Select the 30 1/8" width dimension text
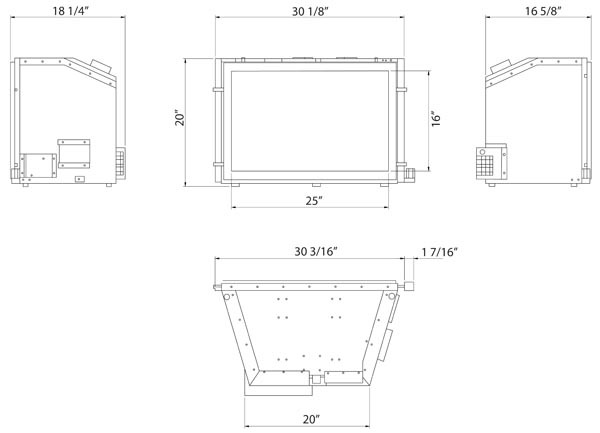[307, 10]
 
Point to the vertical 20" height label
[178, 121]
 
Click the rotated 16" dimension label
[436, 121]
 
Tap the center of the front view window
[310, 120]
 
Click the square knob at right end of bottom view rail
[408, 287]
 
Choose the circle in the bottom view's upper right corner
[391, 298]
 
